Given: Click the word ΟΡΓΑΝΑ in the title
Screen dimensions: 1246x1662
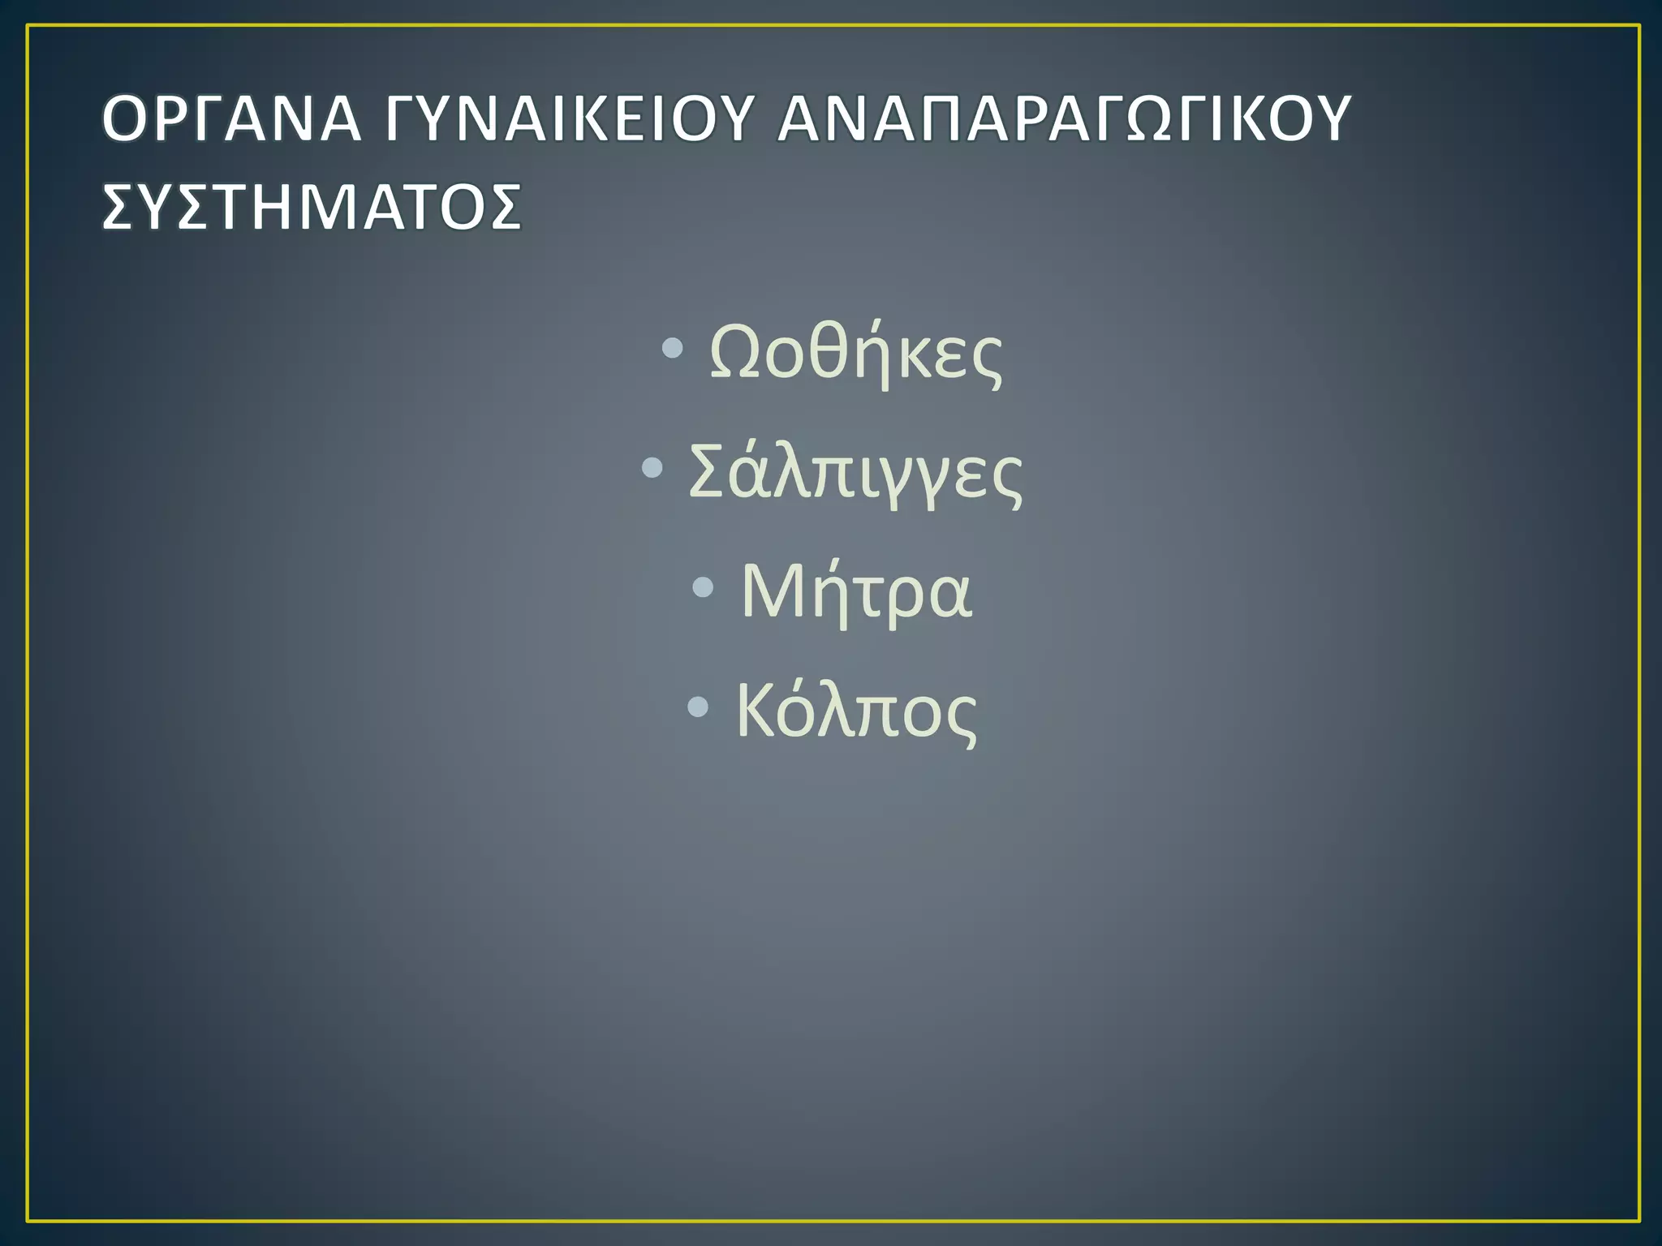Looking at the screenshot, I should point(230,119).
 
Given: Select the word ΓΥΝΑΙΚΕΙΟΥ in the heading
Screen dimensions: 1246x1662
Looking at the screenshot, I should point(569,119).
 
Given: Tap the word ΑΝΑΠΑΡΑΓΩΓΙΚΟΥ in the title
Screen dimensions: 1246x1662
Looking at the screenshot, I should point(1063,119).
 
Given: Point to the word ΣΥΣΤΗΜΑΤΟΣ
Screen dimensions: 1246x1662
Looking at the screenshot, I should point(312,207).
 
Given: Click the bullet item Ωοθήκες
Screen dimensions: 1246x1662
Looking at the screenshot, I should point(855,354).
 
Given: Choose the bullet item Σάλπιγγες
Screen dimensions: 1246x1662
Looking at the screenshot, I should point(855,473).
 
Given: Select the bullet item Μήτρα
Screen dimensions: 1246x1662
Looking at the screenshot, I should point(855,591).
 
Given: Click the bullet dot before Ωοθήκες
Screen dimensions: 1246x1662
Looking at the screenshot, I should point(672,349).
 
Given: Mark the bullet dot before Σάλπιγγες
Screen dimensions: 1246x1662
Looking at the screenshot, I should point(652,467).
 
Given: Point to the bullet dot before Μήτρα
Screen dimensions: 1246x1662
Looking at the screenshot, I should point(704,586).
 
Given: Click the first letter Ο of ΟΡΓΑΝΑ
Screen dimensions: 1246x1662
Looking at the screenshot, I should point(128,119).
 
